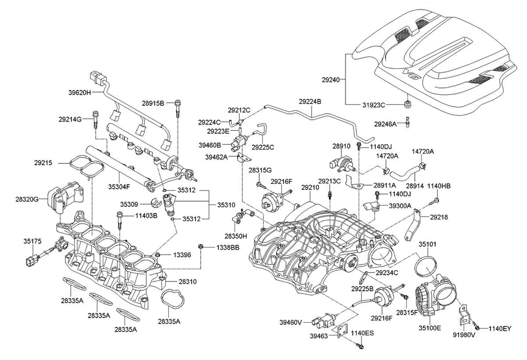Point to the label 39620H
click(x=79, y=93)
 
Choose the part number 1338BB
click(x=227, y=248)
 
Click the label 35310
click(x=227, y=204)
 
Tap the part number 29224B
click(x=310, y=101)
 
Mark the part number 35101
click(x=427, y=244)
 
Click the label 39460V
click(x=291, y=323)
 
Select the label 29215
click(x=43, y=162)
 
